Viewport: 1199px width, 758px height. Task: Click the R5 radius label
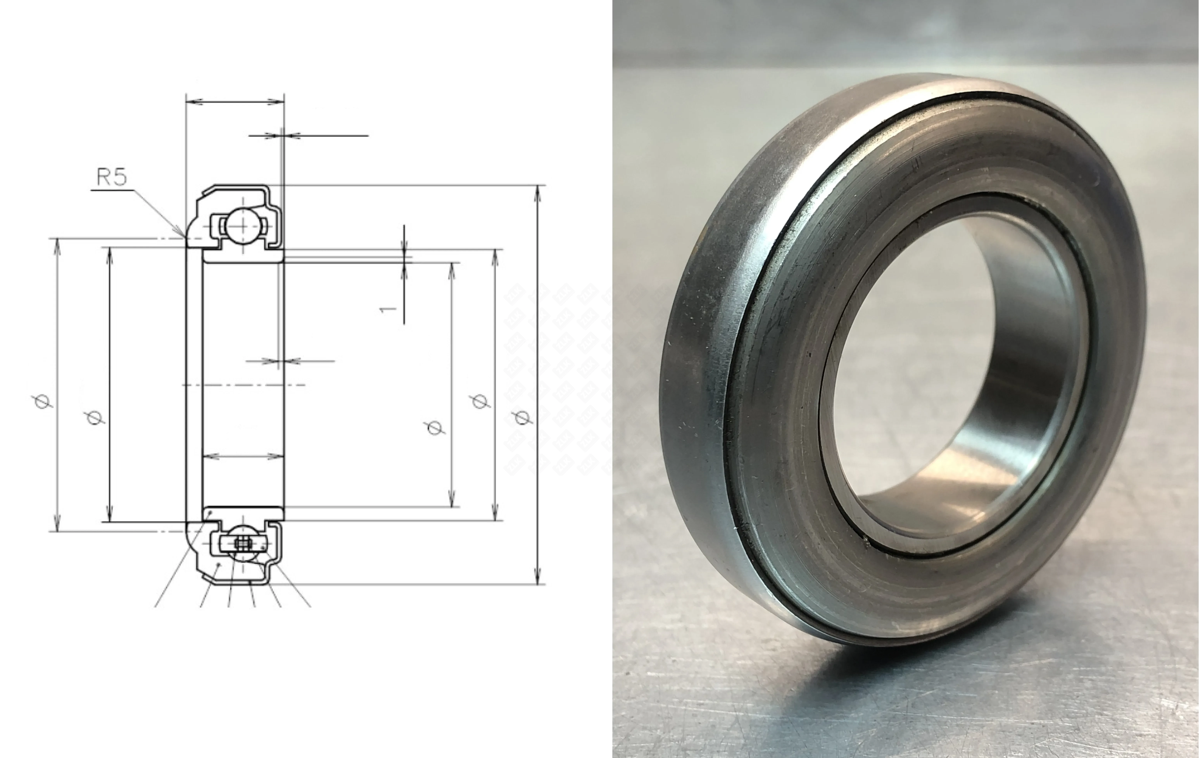[x=112, y=178]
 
